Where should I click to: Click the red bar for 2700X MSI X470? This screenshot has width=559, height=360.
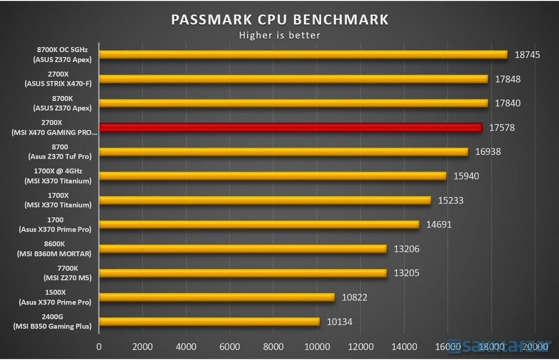point(290,127)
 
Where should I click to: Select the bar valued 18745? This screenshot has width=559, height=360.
point(303,55)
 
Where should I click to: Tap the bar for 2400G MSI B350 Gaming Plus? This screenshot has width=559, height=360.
point(209,322)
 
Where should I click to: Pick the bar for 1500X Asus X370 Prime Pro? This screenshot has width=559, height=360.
point(217,297)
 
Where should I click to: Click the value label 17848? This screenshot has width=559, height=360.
point(508,79)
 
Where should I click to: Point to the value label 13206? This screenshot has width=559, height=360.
point(407,249)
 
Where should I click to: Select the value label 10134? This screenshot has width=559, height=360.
point(340,322)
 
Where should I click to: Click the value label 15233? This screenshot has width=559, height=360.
point(450,200)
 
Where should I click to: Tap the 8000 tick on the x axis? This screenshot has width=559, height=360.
point(273,346)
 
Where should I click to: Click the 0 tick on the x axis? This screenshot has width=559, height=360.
point(99,346)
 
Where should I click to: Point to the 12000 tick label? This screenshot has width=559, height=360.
point(360,346)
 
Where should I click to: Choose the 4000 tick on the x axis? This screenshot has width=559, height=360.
point(186,346)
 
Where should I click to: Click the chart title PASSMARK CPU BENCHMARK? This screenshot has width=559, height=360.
point(279,20)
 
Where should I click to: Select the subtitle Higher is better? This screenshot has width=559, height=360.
point(279,35)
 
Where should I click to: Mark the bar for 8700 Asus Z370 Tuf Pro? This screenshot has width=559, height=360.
point(283,152)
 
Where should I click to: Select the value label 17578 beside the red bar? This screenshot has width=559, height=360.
point(502,128)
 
